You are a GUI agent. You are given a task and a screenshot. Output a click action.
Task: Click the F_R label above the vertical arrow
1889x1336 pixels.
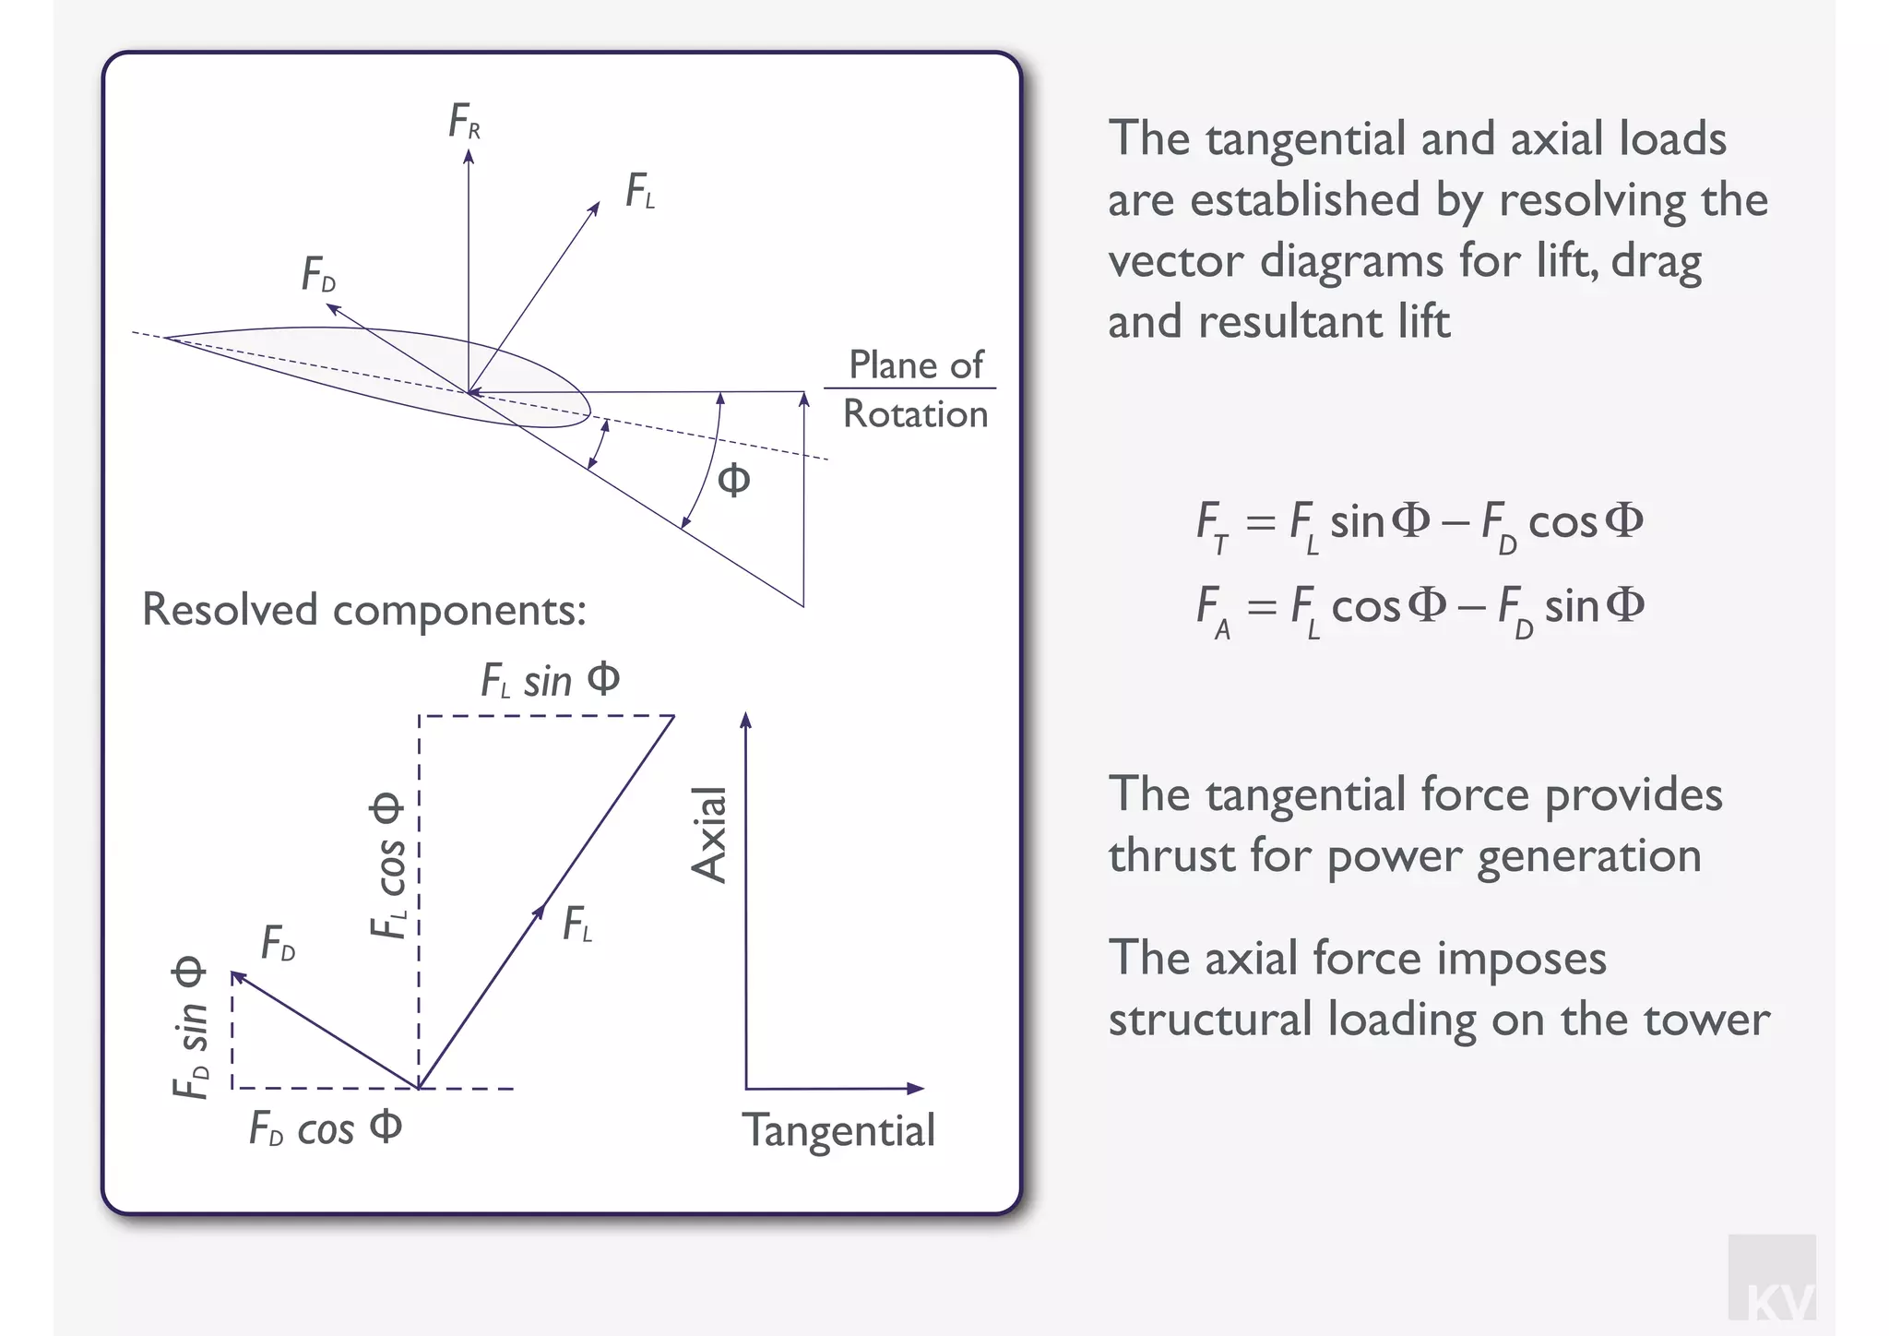coord(464,122)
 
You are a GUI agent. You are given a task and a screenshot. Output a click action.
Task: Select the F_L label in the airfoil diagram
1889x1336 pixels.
coord(640,192)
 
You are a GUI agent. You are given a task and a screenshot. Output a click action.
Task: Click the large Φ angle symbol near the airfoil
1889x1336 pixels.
coord(734,480)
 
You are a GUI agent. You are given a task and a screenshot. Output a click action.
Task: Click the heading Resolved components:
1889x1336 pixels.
coord(364,610)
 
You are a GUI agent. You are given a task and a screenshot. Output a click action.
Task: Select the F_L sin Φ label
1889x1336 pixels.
coord(550,681)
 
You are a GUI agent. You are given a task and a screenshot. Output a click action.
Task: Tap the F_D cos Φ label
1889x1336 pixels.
coord(326,1128)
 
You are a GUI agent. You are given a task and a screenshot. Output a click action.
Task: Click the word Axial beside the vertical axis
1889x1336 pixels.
coord(710,835)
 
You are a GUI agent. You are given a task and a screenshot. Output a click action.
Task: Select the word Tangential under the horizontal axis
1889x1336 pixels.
coord(838,1131)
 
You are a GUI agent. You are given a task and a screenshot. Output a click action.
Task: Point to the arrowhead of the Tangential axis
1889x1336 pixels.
coord(916,1089)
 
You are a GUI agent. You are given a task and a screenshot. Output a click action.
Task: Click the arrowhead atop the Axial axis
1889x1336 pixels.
coord(746,720)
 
